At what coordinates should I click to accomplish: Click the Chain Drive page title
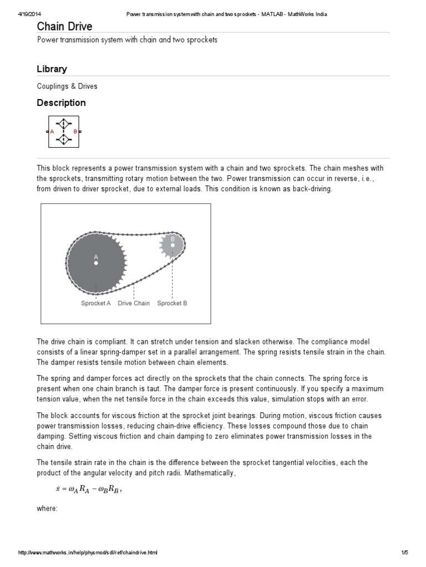coord(64,27)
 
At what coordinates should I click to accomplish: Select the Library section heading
coord(52,69)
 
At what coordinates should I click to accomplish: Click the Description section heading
coord(61,103)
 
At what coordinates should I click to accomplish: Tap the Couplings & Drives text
coord(67,86)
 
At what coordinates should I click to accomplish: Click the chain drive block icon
coord(63,132)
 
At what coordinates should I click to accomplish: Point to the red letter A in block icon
coord(52,132)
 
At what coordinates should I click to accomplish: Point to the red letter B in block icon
coord(75,132)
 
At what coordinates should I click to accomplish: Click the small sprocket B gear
coord(172,245)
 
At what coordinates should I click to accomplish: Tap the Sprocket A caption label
coord(96,303)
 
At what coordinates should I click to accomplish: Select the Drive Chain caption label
coord(134,303)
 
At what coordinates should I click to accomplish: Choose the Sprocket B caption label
coord(172,303)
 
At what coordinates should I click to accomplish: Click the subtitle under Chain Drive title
coord(127,40)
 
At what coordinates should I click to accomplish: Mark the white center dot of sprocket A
coord(96,264)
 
